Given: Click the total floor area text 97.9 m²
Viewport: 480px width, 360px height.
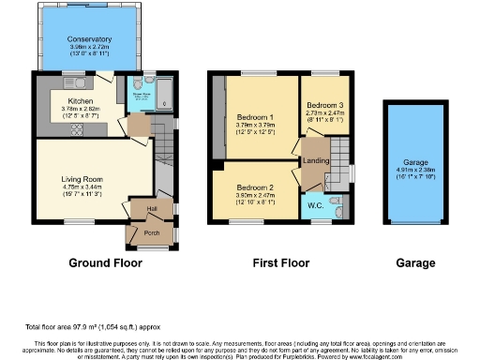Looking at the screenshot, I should [91, 326].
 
